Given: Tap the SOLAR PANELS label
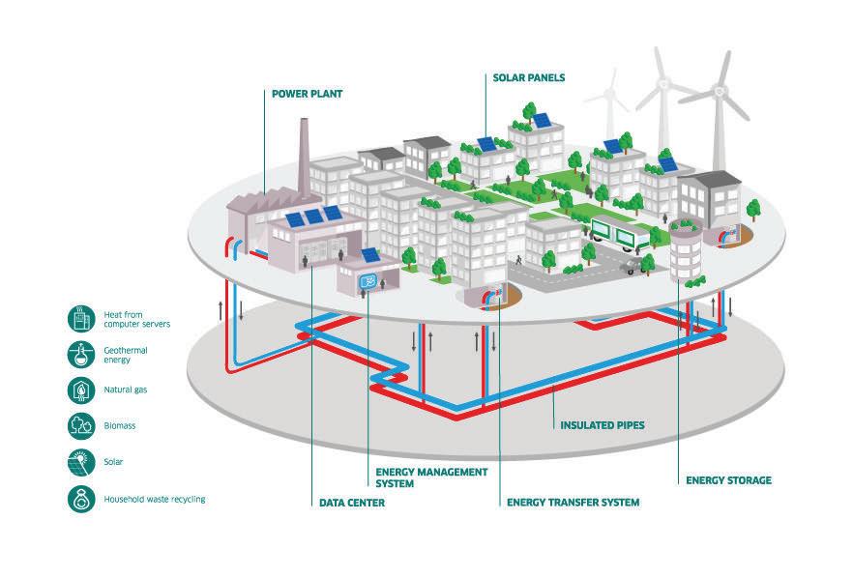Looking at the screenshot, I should coord(529,77).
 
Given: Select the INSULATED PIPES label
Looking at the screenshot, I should coord(602,424).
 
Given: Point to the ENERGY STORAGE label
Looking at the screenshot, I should coord(728,479).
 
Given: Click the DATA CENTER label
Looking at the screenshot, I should coord(352,503).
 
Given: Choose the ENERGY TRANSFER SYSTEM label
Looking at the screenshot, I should coord(573,503).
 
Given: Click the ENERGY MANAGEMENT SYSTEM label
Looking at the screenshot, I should coord(430,477).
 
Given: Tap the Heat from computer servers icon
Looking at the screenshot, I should coord(80,318).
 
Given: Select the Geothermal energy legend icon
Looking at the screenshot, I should coord(80,354).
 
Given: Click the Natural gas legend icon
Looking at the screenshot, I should coord(80,390).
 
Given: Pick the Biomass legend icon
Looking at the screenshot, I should coord(80,425).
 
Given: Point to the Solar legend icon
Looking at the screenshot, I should coord(80,461).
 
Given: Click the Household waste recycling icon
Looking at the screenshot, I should coord(80,499).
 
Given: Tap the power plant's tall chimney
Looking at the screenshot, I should coord(303,159).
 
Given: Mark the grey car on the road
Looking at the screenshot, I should coord(634,265).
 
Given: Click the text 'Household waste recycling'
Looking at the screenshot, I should coord(155,499).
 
